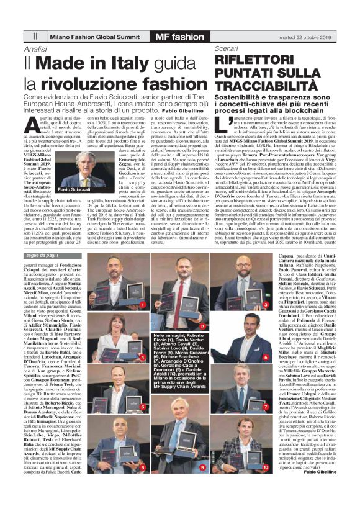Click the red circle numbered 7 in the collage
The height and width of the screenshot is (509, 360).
click(266, 407)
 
